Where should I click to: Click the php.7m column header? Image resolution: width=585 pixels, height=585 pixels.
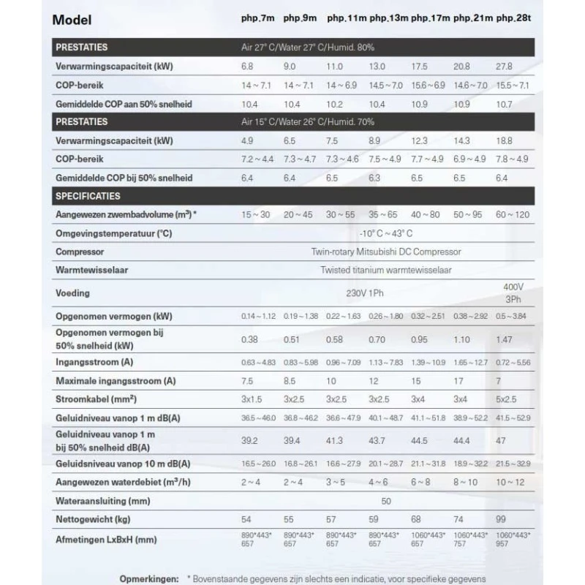(x=257, y=18)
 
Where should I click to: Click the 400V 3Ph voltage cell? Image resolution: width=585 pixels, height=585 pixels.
(x=514, y=292)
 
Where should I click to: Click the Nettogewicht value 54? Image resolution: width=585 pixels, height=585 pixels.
(x=247, y=520)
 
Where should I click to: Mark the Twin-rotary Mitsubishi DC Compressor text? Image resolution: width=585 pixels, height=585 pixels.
(x=385, y=252)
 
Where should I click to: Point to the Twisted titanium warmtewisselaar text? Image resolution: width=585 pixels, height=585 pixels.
(x=385, y=270)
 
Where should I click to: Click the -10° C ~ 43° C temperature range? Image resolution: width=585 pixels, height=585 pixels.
(x=385, y=233)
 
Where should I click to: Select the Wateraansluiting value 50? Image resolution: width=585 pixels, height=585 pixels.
(x=385, y=502)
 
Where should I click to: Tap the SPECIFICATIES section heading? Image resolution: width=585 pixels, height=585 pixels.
(x=88, y=196)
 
